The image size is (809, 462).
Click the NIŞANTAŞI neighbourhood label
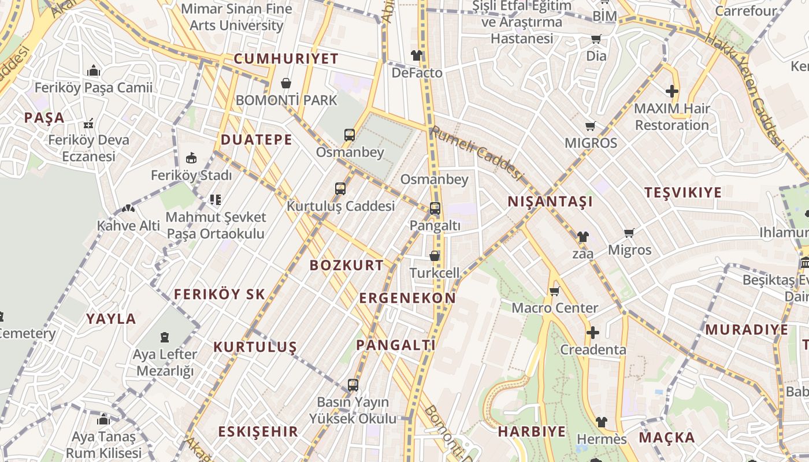[550, 202]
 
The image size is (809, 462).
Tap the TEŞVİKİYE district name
[683, 192]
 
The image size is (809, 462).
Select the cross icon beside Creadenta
[592, 333]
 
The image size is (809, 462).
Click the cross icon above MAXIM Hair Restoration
[671, 91]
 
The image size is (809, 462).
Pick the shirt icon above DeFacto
[417, 55]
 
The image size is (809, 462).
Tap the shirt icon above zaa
[582, 237]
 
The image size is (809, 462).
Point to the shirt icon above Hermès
[602, 422]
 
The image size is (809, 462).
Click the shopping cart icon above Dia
[596, 39]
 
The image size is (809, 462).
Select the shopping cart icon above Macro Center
[555, 291]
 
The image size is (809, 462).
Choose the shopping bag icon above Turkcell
[435, 256]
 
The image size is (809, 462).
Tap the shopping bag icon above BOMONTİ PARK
[285, 83]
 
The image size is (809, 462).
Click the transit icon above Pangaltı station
[435, 208]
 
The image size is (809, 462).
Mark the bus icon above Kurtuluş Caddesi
[340, 189]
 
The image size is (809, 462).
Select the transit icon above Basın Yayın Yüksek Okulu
[352, 385]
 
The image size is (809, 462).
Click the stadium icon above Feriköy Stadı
[191, 158]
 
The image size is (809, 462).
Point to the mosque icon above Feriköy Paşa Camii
[94, 71]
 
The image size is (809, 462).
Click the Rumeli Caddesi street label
[477, 153]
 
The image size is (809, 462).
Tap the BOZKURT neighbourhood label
[346, 265]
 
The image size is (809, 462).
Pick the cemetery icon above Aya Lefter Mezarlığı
[165, 337]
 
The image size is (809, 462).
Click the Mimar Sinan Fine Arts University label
[237, 17]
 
